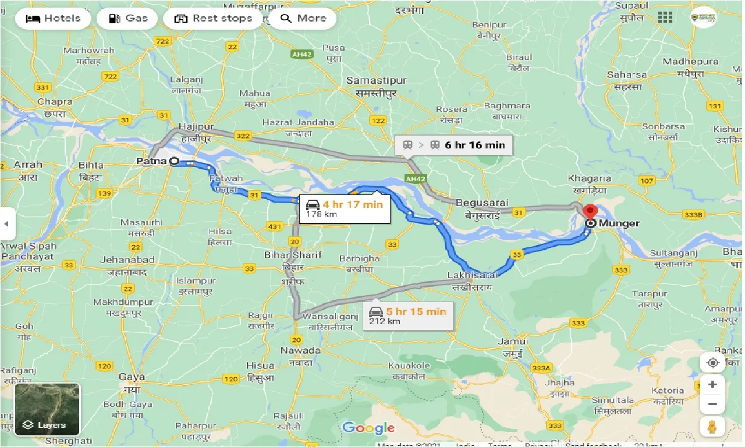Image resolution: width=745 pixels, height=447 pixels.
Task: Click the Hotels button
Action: coord(53,18)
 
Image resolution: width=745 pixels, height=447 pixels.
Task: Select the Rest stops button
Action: coord(214,18)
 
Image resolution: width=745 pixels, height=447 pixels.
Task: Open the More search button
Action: coord(303,18)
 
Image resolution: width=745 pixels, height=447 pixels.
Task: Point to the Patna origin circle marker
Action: coord(174,161)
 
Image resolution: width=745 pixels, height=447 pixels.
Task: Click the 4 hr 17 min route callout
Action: coord(345,208)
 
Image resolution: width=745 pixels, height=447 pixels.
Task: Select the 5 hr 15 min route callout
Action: coord(408,315)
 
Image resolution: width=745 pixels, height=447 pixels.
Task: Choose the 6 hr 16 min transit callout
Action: coord(453,144)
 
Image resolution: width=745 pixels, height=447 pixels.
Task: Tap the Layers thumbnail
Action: coord(47,409)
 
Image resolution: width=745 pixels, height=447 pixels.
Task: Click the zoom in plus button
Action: coord(712,384)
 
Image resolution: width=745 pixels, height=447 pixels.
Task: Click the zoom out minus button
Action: coord(712,403)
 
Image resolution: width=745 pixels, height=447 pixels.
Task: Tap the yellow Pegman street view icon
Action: coord(712,426)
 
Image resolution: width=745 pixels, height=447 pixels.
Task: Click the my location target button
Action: coord(712,363)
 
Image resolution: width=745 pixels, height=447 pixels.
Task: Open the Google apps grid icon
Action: coord(665,17)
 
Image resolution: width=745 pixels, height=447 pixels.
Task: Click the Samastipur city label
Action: coord(376,80)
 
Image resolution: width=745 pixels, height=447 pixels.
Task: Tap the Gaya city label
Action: coord(132,377)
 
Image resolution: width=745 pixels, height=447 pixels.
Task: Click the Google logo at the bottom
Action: coord(368,429)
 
